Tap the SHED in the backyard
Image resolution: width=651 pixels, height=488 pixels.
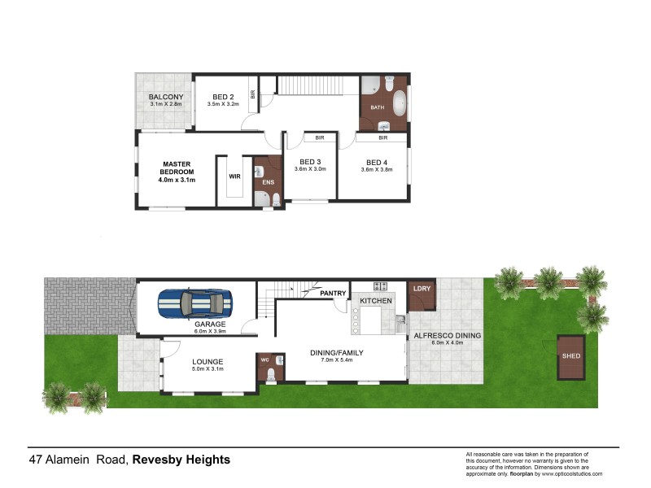point(570,356)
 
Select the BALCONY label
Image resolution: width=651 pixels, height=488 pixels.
point(166,97)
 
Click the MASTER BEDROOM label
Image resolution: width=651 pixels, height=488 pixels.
point(177,168)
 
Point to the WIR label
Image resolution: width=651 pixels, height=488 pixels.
point(235,175)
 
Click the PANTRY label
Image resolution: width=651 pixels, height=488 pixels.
point(334,293)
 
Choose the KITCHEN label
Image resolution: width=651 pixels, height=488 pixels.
point(376,301)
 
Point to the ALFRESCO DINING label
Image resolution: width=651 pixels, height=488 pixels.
point(448,335)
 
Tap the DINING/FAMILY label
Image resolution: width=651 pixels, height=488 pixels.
point(336,352)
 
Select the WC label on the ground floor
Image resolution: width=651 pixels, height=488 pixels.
point(264,359)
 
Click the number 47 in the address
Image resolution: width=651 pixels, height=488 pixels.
point(36,460)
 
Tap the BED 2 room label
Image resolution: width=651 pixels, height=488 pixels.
point(221,97)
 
